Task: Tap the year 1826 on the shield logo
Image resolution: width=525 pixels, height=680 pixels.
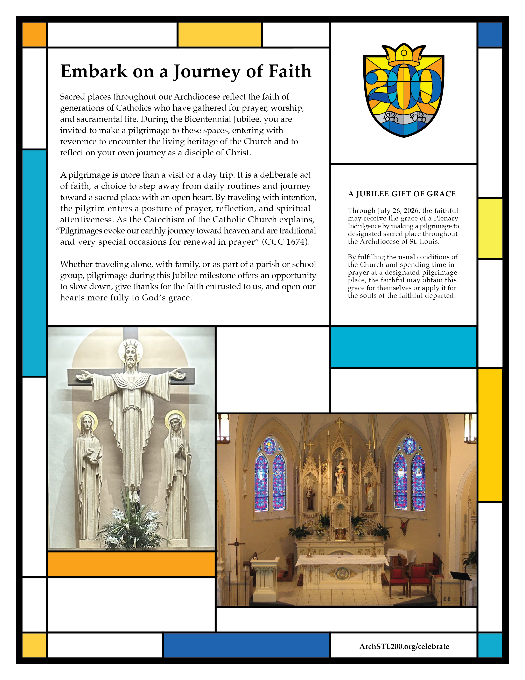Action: pos(391,117)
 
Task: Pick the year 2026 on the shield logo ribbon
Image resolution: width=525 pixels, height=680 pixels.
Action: pos(418,117)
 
